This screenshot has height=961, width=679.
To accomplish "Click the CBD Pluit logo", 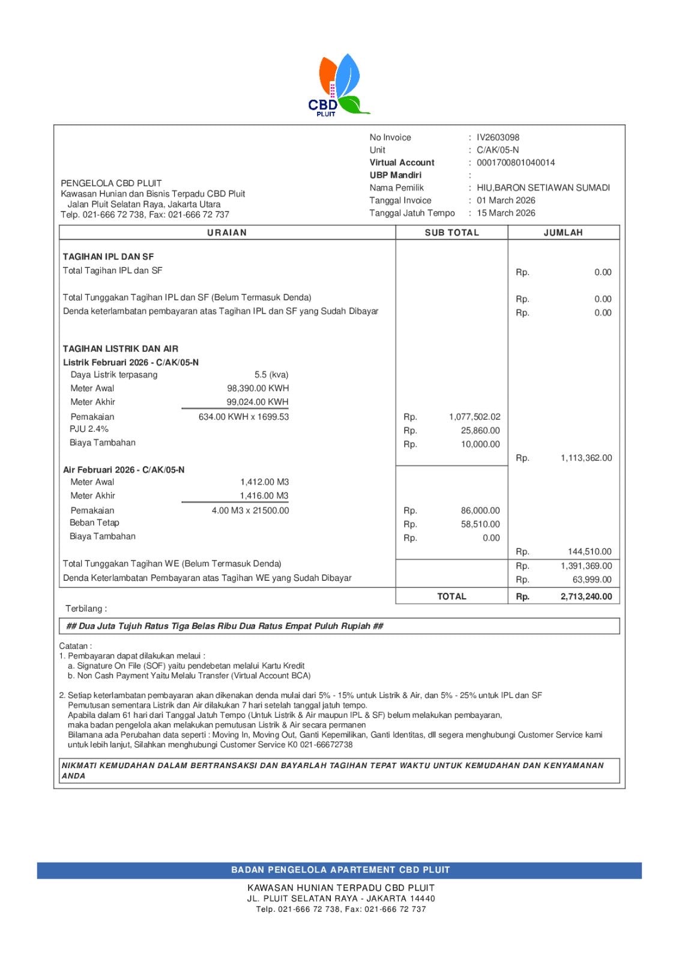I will click(338, 85).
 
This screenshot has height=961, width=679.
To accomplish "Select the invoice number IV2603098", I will click(498, 138).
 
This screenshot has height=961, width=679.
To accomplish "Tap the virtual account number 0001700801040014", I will click(515, 163).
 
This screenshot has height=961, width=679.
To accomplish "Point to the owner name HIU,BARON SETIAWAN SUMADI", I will click(543, 188).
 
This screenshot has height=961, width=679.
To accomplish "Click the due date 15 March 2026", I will click(505, 213).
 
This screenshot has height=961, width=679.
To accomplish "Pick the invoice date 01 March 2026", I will click(505, 201).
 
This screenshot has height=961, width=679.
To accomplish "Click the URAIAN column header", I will click(227, 232).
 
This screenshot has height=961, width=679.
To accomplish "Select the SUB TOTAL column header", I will click(451, 232).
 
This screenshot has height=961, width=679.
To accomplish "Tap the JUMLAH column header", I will click(563, 232).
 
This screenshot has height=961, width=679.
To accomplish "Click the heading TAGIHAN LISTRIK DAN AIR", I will click(121, 349).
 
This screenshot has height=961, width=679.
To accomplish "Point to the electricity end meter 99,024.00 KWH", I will click(258, 402).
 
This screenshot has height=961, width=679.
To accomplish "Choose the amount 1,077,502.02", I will click(474, 417).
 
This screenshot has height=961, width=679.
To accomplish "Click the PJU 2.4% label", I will click(89, 429).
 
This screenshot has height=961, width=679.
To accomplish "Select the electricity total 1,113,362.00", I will click(586, 458).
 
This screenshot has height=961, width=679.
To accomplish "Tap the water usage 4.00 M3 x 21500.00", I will click(250, 511).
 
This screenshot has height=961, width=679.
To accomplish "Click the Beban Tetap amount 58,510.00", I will click(480, 524).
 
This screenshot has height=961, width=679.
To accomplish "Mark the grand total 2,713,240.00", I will click(586, 596).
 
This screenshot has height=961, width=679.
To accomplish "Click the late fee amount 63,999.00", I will click(592, 580).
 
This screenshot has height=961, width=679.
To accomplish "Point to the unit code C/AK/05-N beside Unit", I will click(498, 150).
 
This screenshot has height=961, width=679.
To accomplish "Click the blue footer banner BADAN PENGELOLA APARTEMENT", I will click(340, 870).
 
